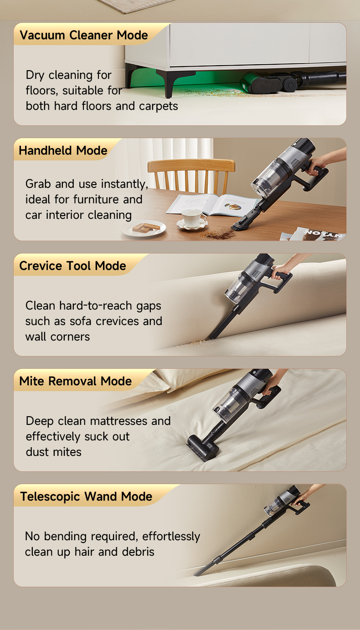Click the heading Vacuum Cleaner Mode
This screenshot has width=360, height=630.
point(84,35)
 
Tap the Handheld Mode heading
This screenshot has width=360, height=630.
point(63,150)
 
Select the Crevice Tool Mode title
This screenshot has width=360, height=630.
point(72,266)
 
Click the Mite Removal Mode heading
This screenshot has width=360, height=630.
point(75,381)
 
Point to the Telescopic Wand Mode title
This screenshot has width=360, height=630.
point(86,497)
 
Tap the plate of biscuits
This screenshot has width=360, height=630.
point(143,228)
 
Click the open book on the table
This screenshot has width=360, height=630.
point(212,205)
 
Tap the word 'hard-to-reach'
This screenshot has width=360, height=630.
point(96,306)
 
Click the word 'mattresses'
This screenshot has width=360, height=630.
point(118,421)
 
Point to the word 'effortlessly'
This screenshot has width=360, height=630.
point(171,537)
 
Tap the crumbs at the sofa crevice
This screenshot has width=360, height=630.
point(194,343)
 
